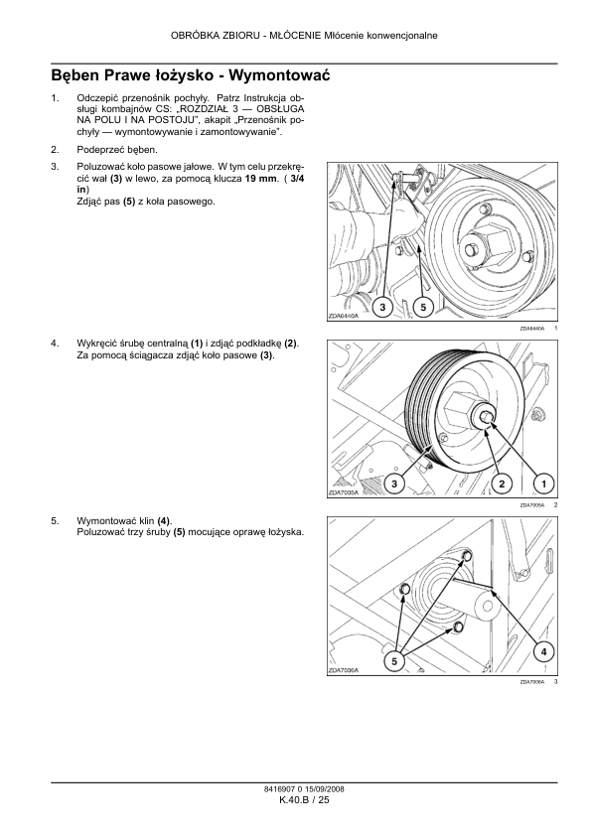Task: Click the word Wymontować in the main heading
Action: click(x=279, y=75)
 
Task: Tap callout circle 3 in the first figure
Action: click(x=382, y=308)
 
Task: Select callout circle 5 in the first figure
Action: click(x=423, y=308)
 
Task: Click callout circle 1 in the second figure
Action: click(x=544, y=485)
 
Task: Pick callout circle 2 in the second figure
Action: click(x=502, y=485)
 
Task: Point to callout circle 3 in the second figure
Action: click(x=394, y=485)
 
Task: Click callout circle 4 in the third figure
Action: click(x=544, y=651)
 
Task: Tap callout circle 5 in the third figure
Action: click(x=394, y=661)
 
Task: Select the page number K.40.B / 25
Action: click(x=304, y=799)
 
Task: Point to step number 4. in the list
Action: click(x=55, y=344)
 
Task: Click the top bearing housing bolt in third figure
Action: click(x=465, y=557)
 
